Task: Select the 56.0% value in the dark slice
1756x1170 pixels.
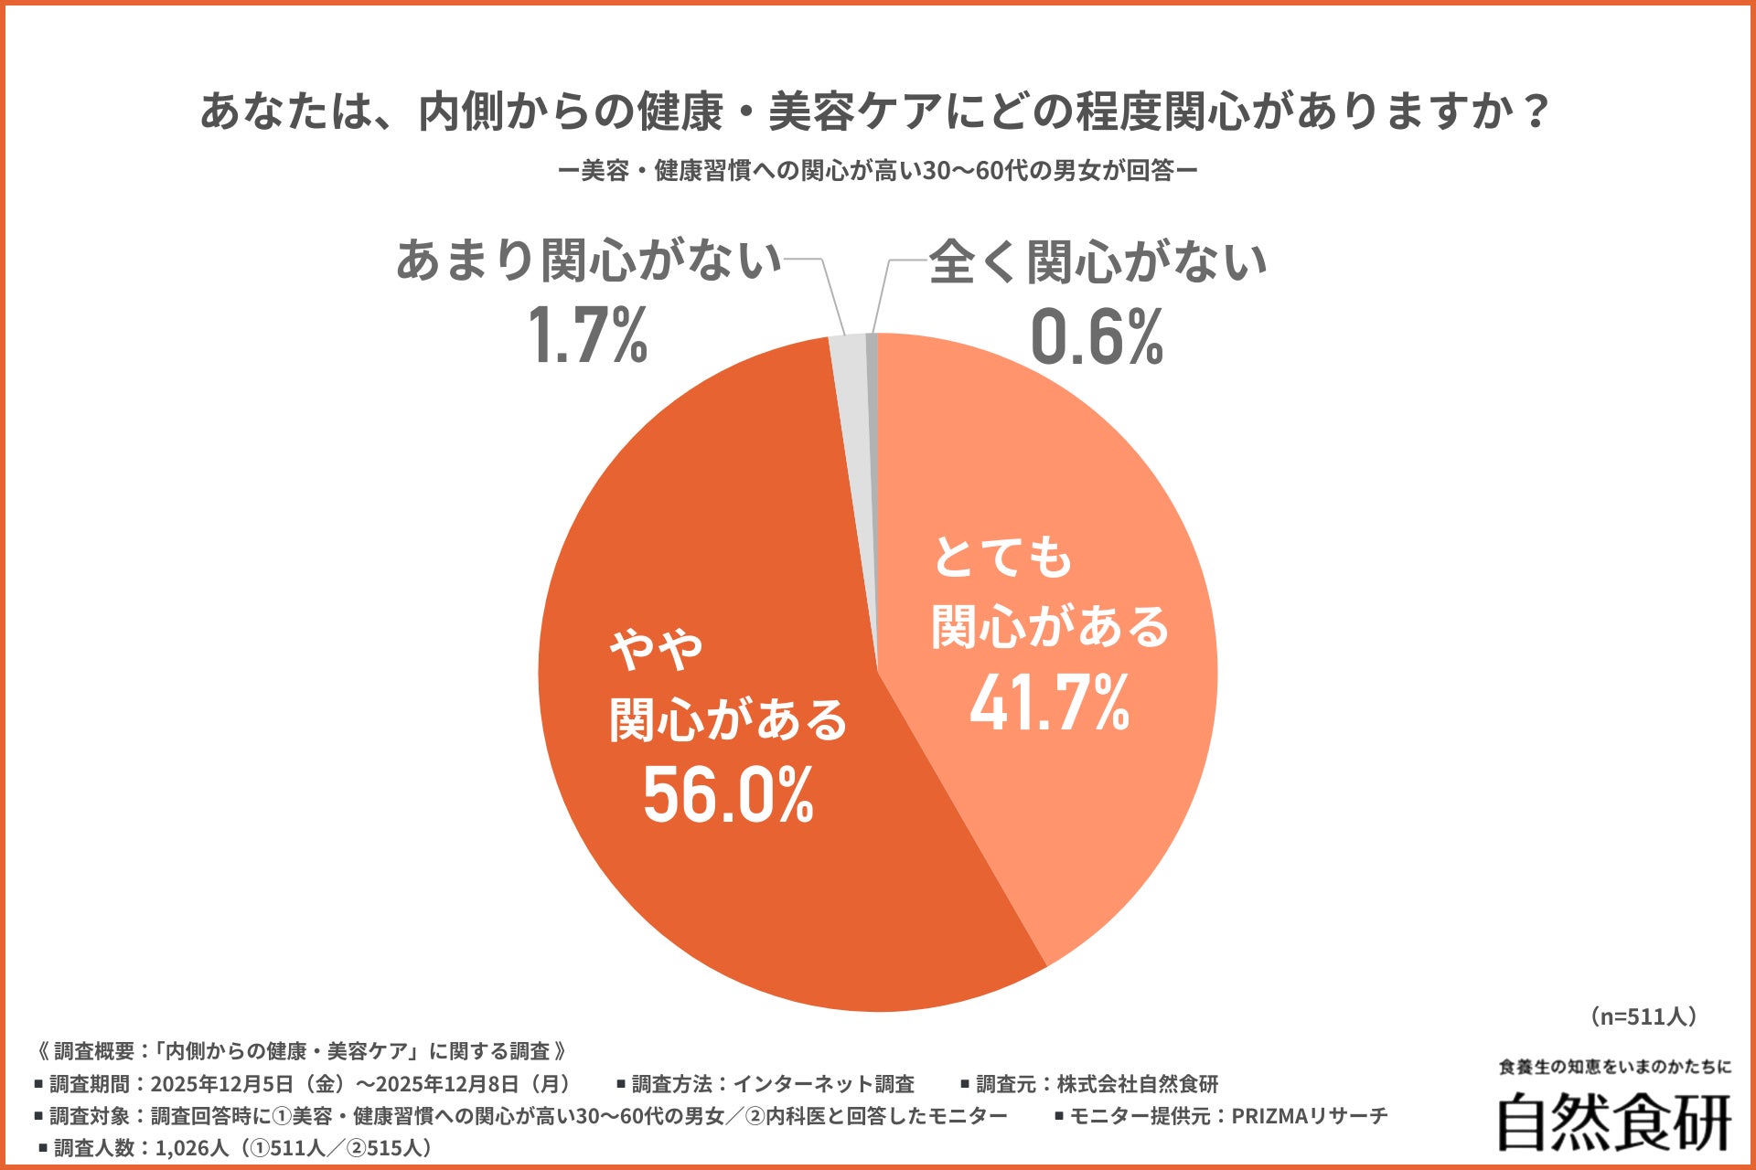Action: [728, 795]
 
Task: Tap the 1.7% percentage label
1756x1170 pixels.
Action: [587, 336]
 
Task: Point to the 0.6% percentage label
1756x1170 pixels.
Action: [1097, 336]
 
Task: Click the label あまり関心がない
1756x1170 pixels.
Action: [588, 261]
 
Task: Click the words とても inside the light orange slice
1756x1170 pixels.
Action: [1001, 557]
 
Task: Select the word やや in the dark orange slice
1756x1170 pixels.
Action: [656, 650]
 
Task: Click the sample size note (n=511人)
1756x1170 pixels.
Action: [1644, 1016]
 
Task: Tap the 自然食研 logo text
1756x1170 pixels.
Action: [1614, 1122]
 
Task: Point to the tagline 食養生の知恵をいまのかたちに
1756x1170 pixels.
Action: [1615, 1067]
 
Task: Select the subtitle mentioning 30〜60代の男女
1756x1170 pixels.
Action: [878, 171]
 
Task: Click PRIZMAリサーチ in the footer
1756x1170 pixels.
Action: [1310, 1116]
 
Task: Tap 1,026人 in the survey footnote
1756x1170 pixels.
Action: [192, 1148]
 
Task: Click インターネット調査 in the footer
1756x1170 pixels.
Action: [823, 1084]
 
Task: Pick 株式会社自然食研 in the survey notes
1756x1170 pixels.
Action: [1137, 1084]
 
